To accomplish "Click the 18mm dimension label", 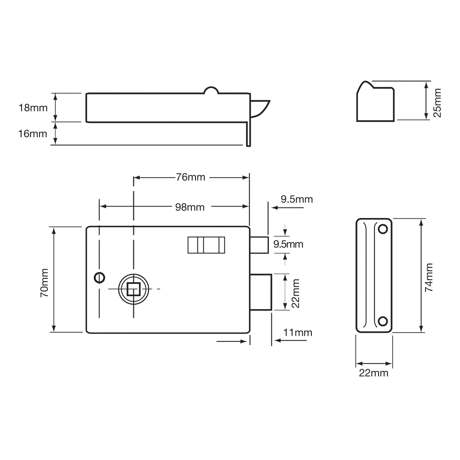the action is (x=33, y=108).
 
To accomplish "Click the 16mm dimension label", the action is (x=33, y=134).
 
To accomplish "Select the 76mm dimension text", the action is (x=190, y=177).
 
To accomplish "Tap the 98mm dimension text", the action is (x=190, y=207).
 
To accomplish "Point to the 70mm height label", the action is (x=45, y=283).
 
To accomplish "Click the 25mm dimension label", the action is (x=437, y=103).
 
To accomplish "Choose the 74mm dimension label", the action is (x=429, y=277).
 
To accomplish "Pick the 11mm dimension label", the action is (x=298, y=333).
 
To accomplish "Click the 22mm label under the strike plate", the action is (x=374, y=373).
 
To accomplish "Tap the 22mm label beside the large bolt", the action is (x=295, y=293).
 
